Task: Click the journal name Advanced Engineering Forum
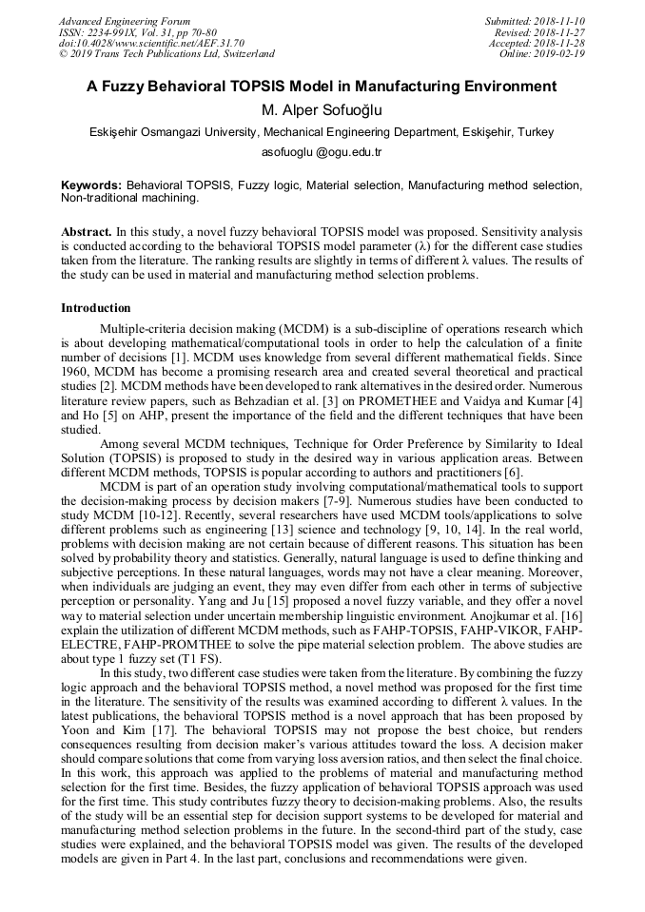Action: (125, 21)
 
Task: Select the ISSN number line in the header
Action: (137, 32)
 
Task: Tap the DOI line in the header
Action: (152, 44)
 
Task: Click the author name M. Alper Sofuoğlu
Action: (322, 109)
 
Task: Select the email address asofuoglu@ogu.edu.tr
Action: (322, 152)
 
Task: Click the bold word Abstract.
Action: (87, 231)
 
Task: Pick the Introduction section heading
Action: (96, 308)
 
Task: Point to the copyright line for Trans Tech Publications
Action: (167, 54)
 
